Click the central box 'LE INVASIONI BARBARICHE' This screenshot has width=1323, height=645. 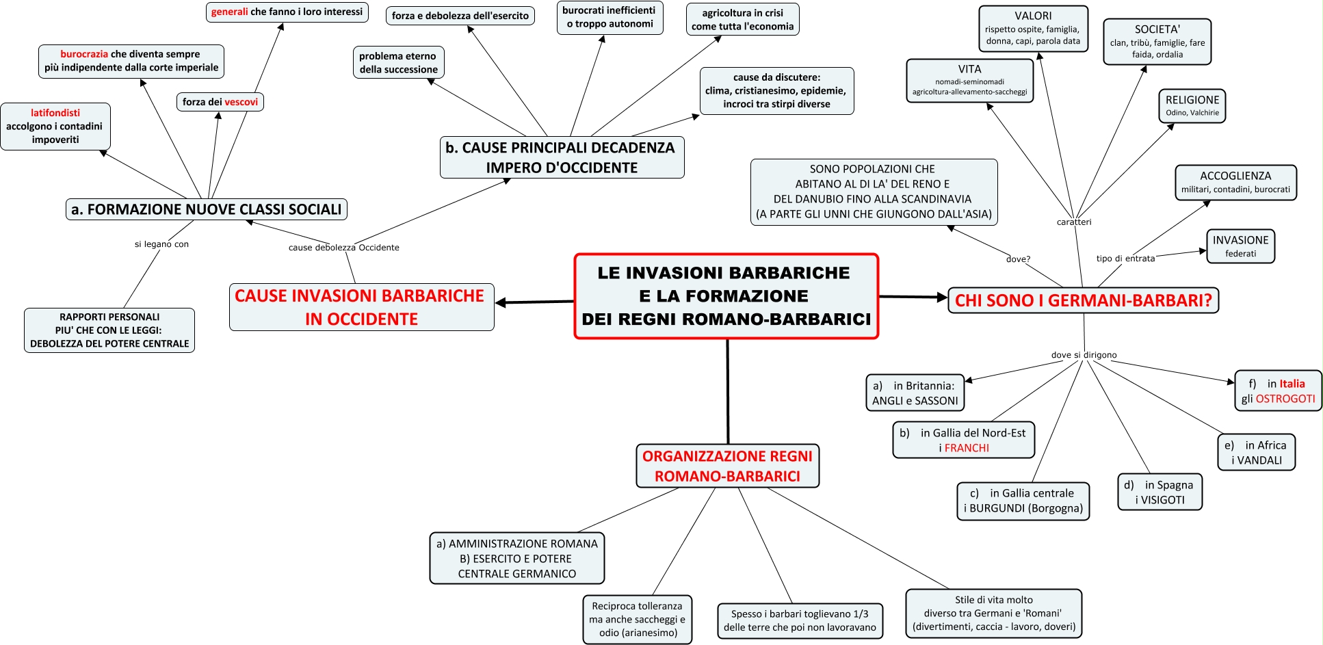point(726,296)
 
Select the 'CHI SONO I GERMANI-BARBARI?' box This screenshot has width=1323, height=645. point(1083,300)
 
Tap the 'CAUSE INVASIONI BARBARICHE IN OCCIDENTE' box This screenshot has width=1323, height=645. point(361,307)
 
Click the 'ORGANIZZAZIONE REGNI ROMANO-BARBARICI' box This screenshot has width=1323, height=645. point(727,466)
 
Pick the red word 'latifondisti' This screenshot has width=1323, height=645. point(55,113)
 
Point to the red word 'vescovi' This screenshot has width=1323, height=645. point(241,102)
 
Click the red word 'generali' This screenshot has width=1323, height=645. point(229,12)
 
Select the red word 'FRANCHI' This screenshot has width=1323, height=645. point(967,448)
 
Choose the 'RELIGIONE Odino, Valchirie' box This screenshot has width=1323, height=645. point(1192,106)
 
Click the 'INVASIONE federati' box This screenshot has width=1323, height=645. point(1240,246)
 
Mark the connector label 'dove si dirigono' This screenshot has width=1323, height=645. point(1084,355)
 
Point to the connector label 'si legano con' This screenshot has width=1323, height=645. point(161,244)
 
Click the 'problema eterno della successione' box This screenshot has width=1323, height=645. point(398,63)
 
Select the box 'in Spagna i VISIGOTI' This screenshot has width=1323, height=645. point(1160,492)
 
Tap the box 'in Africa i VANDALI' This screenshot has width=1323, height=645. point(1256,452)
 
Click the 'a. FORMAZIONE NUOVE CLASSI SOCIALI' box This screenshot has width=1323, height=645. point(206,209)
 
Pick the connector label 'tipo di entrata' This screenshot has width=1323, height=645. point(1125,259)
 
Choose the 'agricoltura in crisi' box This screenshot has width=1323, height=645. point(742,19)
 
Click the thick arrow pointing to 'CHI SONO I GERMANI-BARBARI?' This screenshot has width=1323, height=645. point(913,298)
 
